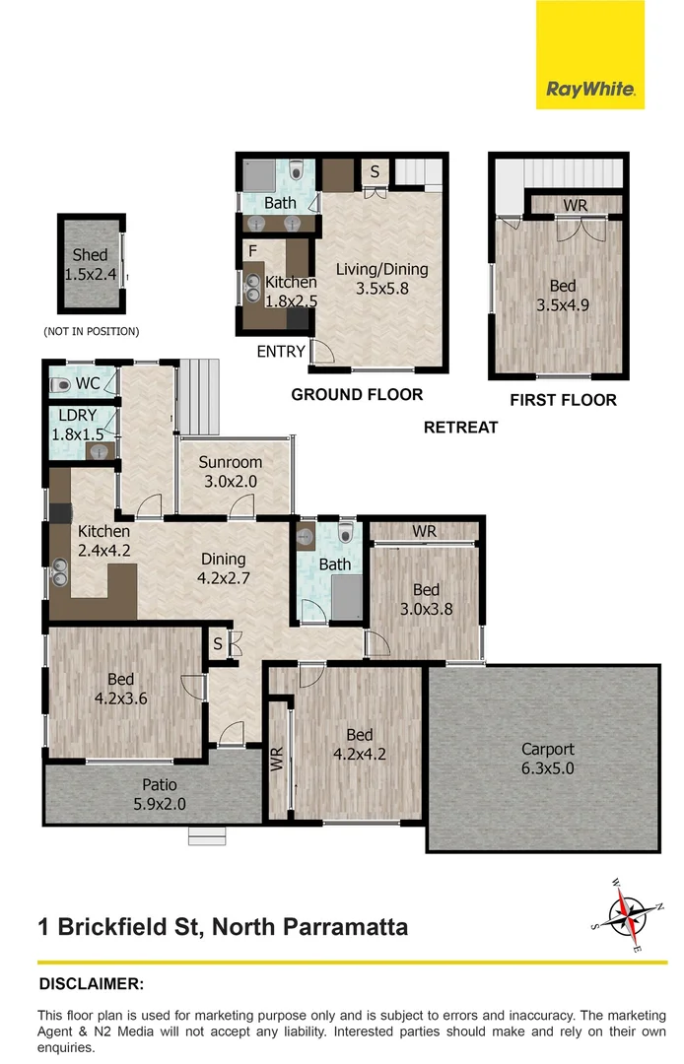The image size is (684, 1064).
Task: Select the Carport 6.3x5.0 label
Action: (x=548, y=758)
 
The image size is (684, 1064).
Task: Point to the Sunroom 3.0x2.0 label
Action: (x=231, y=471)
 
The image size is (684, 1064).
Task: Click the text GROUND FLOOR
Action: (x=357, y=395)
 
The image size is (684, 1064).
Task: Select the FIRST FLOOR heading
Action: (x=563, y=400)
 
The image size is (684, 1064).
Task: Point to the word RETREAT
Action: (x=460, y=428)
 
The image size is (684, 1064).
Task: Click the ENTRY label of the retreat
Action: (x=281, y=352)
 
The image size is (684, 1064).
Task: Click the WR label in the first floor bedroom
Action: (x=576, y=206)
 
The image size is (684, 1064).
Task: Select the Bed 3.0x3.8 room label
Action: (x=426, y=599)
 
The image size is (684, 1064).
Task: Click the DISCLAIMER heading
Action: (x=91, y=983)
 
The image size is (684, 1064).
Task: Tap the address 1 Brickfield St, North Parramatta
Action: (x=223, y=927)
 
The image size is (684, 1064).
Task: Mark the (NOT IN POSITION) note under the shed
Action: (x=91, y=331)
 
